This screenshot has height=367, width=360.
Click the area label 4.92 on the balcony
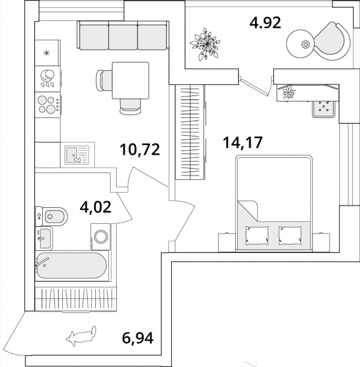265,23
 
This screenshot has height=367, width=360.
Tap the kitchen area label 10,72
139,150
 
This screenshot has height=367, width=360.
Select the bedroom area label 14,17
243,143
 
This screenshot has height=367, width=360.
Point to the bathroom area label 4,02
95,207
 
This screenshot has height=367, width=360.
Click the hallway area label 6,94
138,338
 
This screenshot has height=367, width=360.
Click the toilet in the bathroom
51,217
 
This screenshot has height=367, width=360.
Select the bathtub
72,265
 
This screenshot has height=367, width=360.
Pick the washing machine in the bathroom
101,237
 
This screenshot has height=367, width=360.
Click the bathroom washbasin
44,239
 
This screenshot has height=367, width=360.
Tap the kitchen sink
77,155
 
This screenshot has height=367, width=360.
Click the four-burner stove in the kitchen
48,105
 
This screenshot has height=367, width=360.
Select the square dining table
131,80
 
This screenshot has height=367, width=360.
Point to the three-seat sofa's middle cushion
123,36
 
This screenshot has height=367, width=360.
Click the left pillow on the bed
257,235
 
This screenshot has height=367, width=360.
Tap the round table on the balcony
301,44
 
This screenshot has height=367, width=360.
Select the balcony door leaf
254,87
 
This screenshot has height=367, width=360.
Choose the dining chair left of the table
104,80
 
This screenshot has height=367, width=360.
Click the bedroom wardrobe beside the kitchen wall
190,132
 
